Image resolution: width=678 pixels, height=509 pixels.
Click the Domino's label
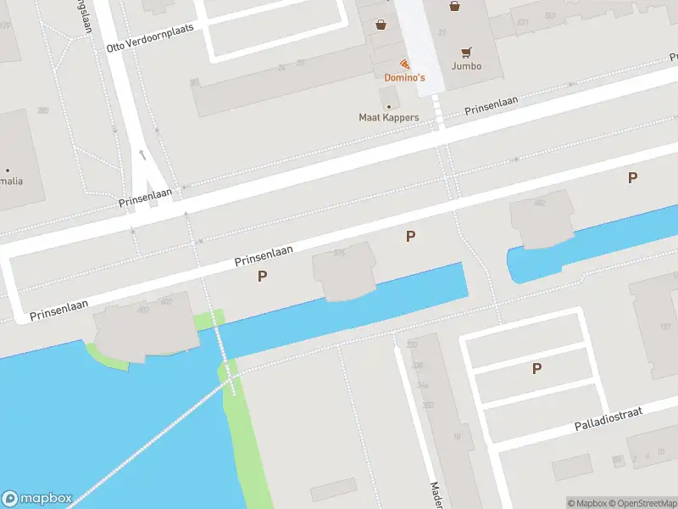404,77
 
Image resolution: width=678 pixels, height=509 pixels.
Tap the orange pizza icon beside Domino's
404,64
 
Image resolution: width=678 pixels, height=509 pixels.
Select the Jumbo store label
466,65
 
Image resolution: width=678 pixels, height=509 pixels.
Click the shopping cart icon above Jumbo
466,51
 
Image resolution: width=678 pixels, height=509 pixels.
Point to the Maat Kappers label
389,117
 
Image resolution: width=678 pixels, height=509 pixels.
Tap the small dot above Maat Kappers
389,106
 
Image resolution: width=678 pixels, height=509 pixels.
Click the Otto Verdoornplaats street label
150,36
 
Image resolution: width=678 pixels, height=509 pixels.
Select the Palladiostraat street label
609,417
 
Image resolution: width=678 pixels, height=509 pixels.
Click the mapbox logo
37,499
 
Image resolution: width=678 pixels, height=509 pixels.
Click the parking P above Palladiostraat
536,369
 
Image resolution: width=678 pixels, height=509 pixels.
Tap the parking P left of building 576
262,276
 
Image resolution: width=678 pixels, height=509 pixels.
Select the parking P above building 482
631,177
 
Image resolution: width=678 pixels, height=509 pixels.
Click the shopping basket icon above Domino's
381,25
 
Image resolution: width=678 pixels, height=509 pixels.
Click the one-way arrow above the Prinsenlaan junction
142,155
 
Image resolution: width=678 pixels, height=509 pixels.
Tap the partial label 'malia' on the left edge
12,181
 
